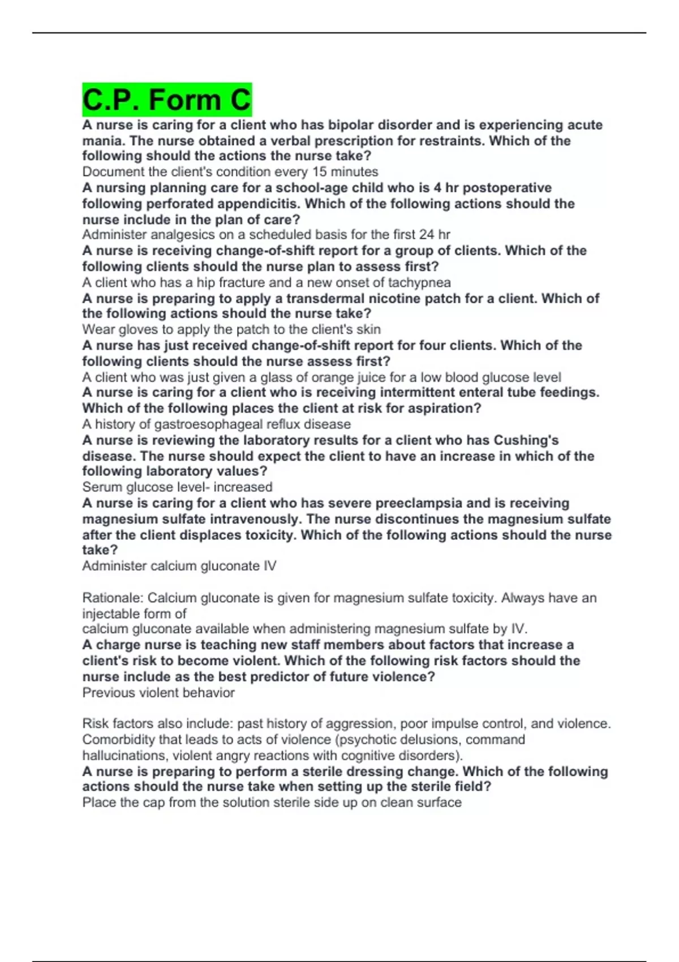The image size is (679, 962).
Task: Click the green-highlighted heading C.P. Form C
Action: click(166, 100)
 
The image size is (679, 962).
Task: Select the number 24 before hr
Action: click(427, 235)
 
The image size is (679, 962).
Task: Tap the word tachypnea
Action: click(415, 282)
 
